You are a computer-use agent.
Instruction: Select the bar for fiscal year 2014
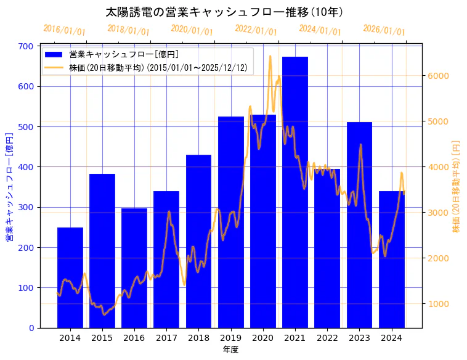pos(70,277)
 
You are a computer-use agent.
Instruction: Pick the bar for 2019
pos(231,222)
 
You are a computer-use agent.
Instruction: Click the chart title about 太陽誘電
pos(224,12)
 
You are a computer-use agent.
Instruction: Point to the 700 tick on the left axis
pos(26,46)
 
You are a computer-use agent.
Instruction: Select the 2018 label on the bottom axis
pos(198,337)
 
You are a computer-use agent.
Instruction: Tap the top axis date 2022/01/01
pos(256,30)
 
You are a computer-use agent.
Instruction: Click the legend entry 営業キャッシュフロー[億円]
pos(124,54)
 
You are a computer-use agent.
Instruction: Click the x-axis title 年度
pos(231,350)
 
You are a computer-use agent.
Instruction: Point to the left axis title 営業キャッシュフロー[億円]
pos(9,187)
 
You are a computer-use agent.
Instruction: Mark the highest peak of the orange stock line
pos(270,56)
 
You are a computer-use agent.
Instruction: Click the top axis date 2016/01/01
pos(65,30)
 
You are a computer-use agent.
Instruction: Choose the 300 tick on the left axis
pos(26,207)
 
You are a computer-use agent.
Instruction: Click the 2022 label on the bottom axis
pos(327,337)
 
